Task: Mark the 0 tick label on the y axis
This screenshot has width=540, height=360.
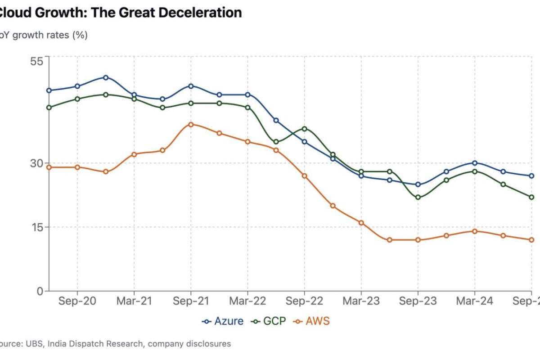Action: click(x=40, y=291)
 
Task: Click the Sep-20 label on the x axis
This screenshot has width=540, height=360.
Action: click(x=77, y=301)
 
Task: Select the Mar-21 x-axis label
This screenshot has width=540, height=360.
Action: click(x=134, y=301)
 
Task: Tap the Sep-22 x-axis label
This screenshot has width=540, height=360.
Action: click(x=304, y=301)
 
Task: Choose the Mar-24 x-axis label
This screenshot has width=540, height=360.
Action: click(x=474, y=301)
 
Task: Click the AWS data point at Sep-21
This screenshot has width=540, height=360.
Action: click(x=191, y=124)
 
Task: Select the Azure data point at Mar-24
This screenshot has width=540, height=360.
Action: click(x=475, y=163)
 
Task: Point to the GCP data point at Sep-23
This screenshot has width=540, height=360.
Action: click(x=418, y=197)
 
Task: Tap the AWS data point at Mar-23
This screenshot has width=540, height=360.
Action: click(x=361, y=223)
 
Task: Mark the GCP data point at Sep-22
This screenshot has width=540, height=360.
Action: click(x=305, y=129)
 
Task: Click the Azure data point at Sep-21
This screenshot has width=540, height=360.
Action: click(x=191, y=86)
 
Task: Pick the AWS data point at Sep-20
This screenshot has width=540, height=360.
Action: click(x=77, y=167)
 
